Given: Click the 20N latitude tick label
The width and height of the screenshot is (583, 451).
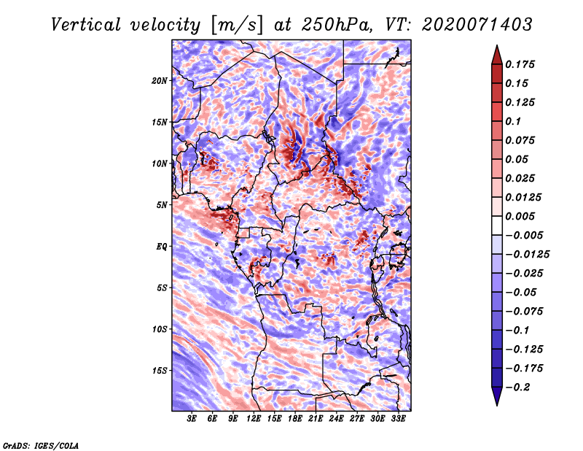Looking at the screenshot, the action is click(159, 81).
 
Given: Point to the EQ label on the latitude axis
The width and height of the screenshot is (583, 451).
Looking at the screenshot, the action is click(162, 247).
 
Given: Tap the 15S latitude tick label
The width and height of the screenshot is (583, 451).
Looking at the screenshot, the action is click(159, 371).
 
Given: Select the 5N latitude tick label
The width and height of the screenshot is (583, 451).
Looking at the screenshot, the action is click(161, 205).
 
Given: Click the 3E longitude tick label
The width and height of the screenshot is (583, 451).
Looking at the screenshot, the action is click(192, 418).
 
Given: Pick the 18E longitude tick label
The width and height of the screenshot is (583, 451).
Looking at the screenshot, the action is click(295, 418).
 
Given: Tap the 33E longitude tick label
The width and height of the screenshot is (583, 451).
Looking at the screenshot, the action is click(398, 418).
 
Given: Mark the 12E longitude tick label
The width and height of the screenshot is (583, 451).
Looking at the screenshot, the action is click(254, 418).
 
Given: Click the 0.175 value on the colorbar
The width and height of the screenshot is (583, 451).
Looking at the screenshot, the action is click(520, 64).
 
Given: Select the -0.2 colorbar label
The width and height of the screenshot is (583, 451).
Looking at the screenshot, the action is click(517, 388).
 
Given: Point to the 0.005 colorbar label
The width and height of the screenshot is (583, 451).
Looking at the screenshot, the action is click(520, 216).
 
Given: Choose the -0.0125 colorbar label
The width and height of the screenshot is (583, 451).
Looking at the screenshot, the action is click(527, 255).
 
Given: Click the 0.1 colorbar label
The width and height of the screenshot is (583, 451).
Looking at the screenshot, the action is click(513, 121).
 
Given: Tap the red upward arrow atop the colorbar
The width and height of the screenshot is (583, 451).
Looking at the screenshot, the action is click(497, 55).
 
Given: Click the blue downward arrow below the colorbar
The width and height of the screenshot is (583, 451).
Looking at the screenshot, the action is click(497, 396).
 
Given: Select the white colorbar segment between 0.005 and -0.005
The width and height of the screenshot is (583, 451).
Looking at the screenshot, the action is click(497, 225).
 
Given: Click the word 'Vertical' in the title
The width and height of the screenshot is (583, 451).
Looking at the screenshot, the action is click(86, 25).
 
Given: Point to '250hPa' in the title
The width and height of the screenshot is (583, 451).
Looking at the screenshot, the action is click(336, 25).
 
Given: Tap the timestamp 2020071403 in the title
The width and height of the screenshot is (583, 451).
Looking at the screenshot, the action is click(477, 25).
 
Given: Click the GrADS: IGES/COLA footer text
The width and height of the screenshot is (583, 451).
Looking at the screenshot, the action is click(41, 445).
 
